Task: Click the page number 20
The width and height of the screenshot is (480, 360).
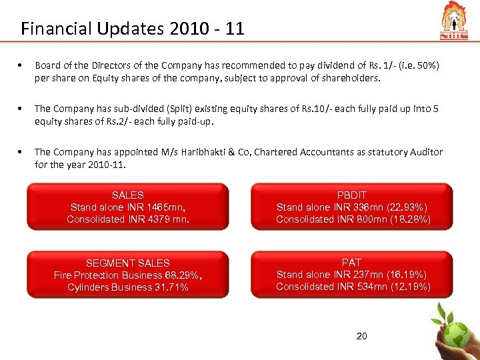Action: [362, 336]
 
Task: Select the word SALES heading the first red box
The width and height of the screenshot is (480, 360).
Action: [127, 195]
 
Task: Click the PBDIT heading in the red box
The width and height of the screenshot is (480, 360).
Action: [351, 195]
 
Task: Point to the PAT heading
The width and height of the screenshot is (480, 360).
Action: [351, 263]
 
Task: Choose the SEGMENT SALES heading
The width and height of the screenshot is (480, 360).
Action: [127, 263]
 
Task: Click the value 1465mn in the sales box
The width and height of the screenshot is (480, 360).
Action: [165, 207]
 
